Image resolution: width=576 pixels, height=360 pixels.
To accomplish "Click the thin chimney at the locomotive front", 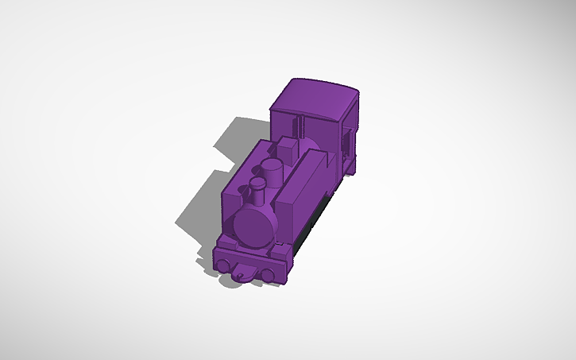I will pos(257,190).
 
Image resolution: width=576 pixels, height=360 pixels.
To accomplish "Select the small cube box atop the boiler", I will pos(287,147).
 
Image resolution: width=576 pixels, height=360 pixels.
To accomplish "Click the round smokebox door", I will pos(253,227).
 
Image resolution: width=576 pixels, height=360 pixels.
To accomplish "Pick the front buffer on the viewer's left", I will pos(226,264).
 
